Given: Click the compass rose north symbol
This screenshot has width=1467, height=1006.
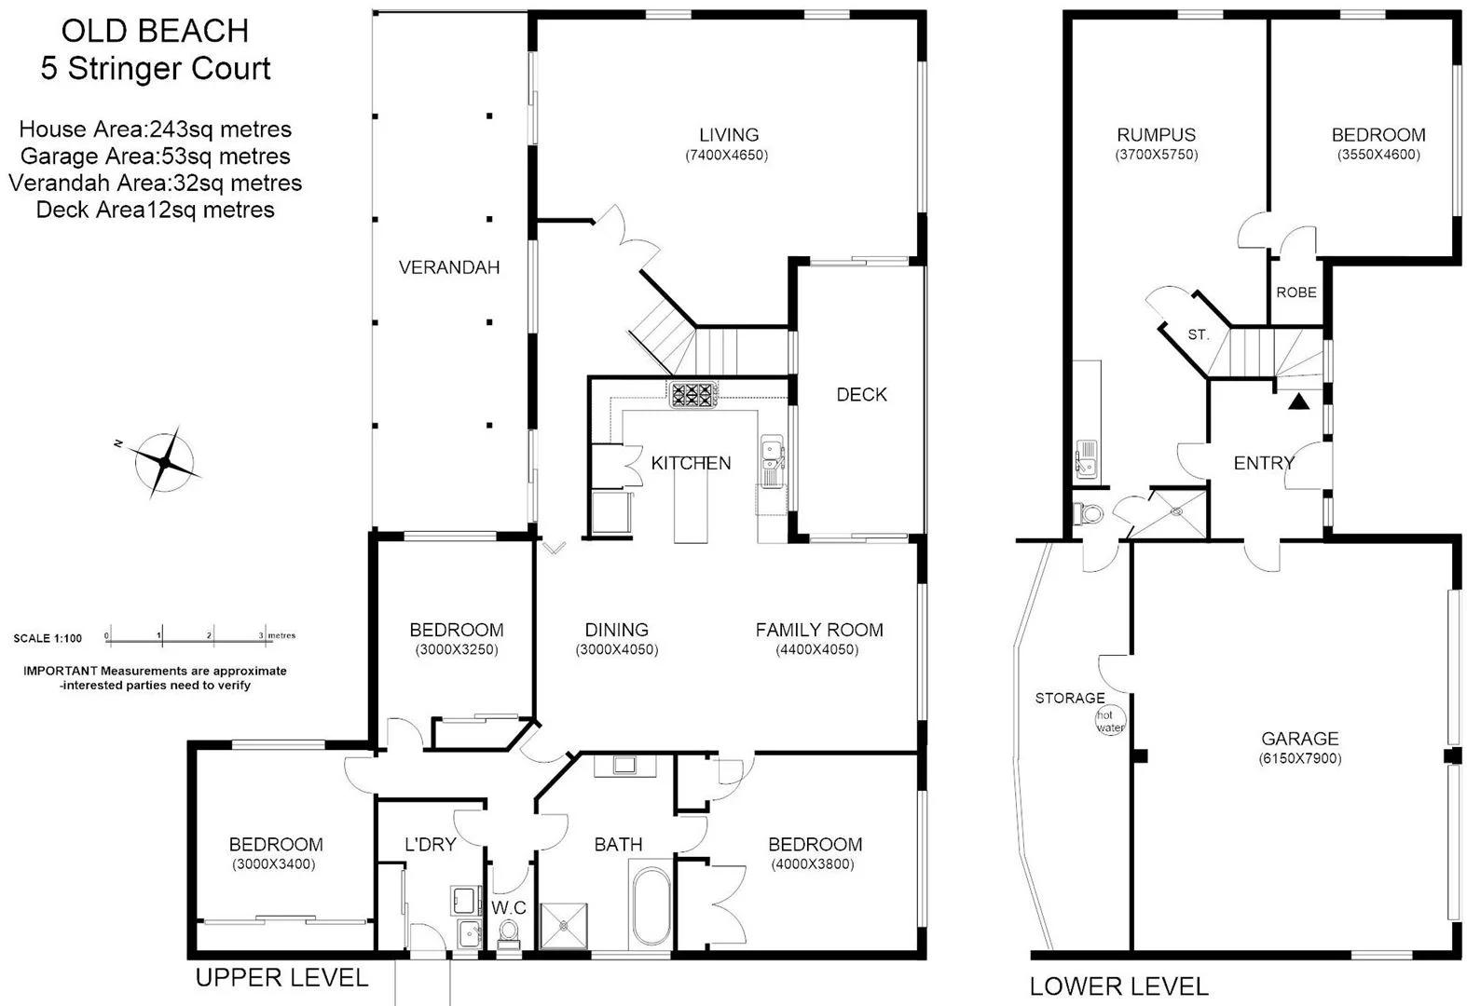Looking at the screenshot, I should click(165, 462).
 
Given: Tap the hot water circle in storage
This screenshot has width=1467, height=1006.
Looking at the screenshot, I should click(1110, 721).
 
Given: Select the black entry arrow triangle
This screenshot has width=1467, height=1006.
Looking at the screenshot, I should click(1298, 402).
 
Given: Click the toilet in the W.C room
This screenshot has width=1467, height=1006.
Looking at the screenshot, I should click(509, 931).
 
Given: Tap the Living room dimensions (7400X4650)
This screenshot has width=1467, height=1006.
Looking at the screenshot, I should click(727, 156).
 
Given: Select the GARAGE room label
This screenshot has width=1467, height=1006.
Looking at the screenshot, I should click(1299, 739).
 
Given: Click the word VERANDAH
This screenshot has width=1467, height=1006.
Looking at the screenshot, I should click(449, 267).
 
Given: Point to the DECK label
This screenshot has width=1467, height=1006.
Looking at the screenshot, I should click(861, 395).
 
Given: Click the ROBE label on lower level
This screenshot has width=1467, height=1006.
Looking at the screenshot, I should click(1296, 292).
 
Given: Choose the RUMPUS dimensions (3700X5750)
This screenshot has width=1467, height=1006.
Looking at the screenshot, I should click(1156, 156).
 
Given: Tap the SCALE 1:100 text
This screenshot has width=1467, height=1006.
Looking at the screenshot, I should click(48, 639).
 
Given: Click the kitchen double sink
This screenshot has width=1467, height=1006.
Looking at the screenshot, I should click(772, 456).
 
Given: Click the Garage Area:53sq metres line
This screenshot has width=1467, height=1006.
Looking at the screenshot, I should click(155, 156).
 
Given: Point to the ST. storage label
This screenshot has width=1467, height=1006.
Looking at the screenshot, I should click(1198, 335).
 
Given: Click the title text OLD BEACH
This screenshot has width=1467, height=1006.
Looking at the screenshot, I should click(155, 32).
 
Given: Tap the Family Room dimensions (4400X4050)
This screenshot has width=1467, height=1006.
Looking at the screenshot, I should click(816, 650).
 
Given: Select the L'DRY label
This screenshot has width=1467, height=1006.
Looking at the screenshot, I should click(430, 845).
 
